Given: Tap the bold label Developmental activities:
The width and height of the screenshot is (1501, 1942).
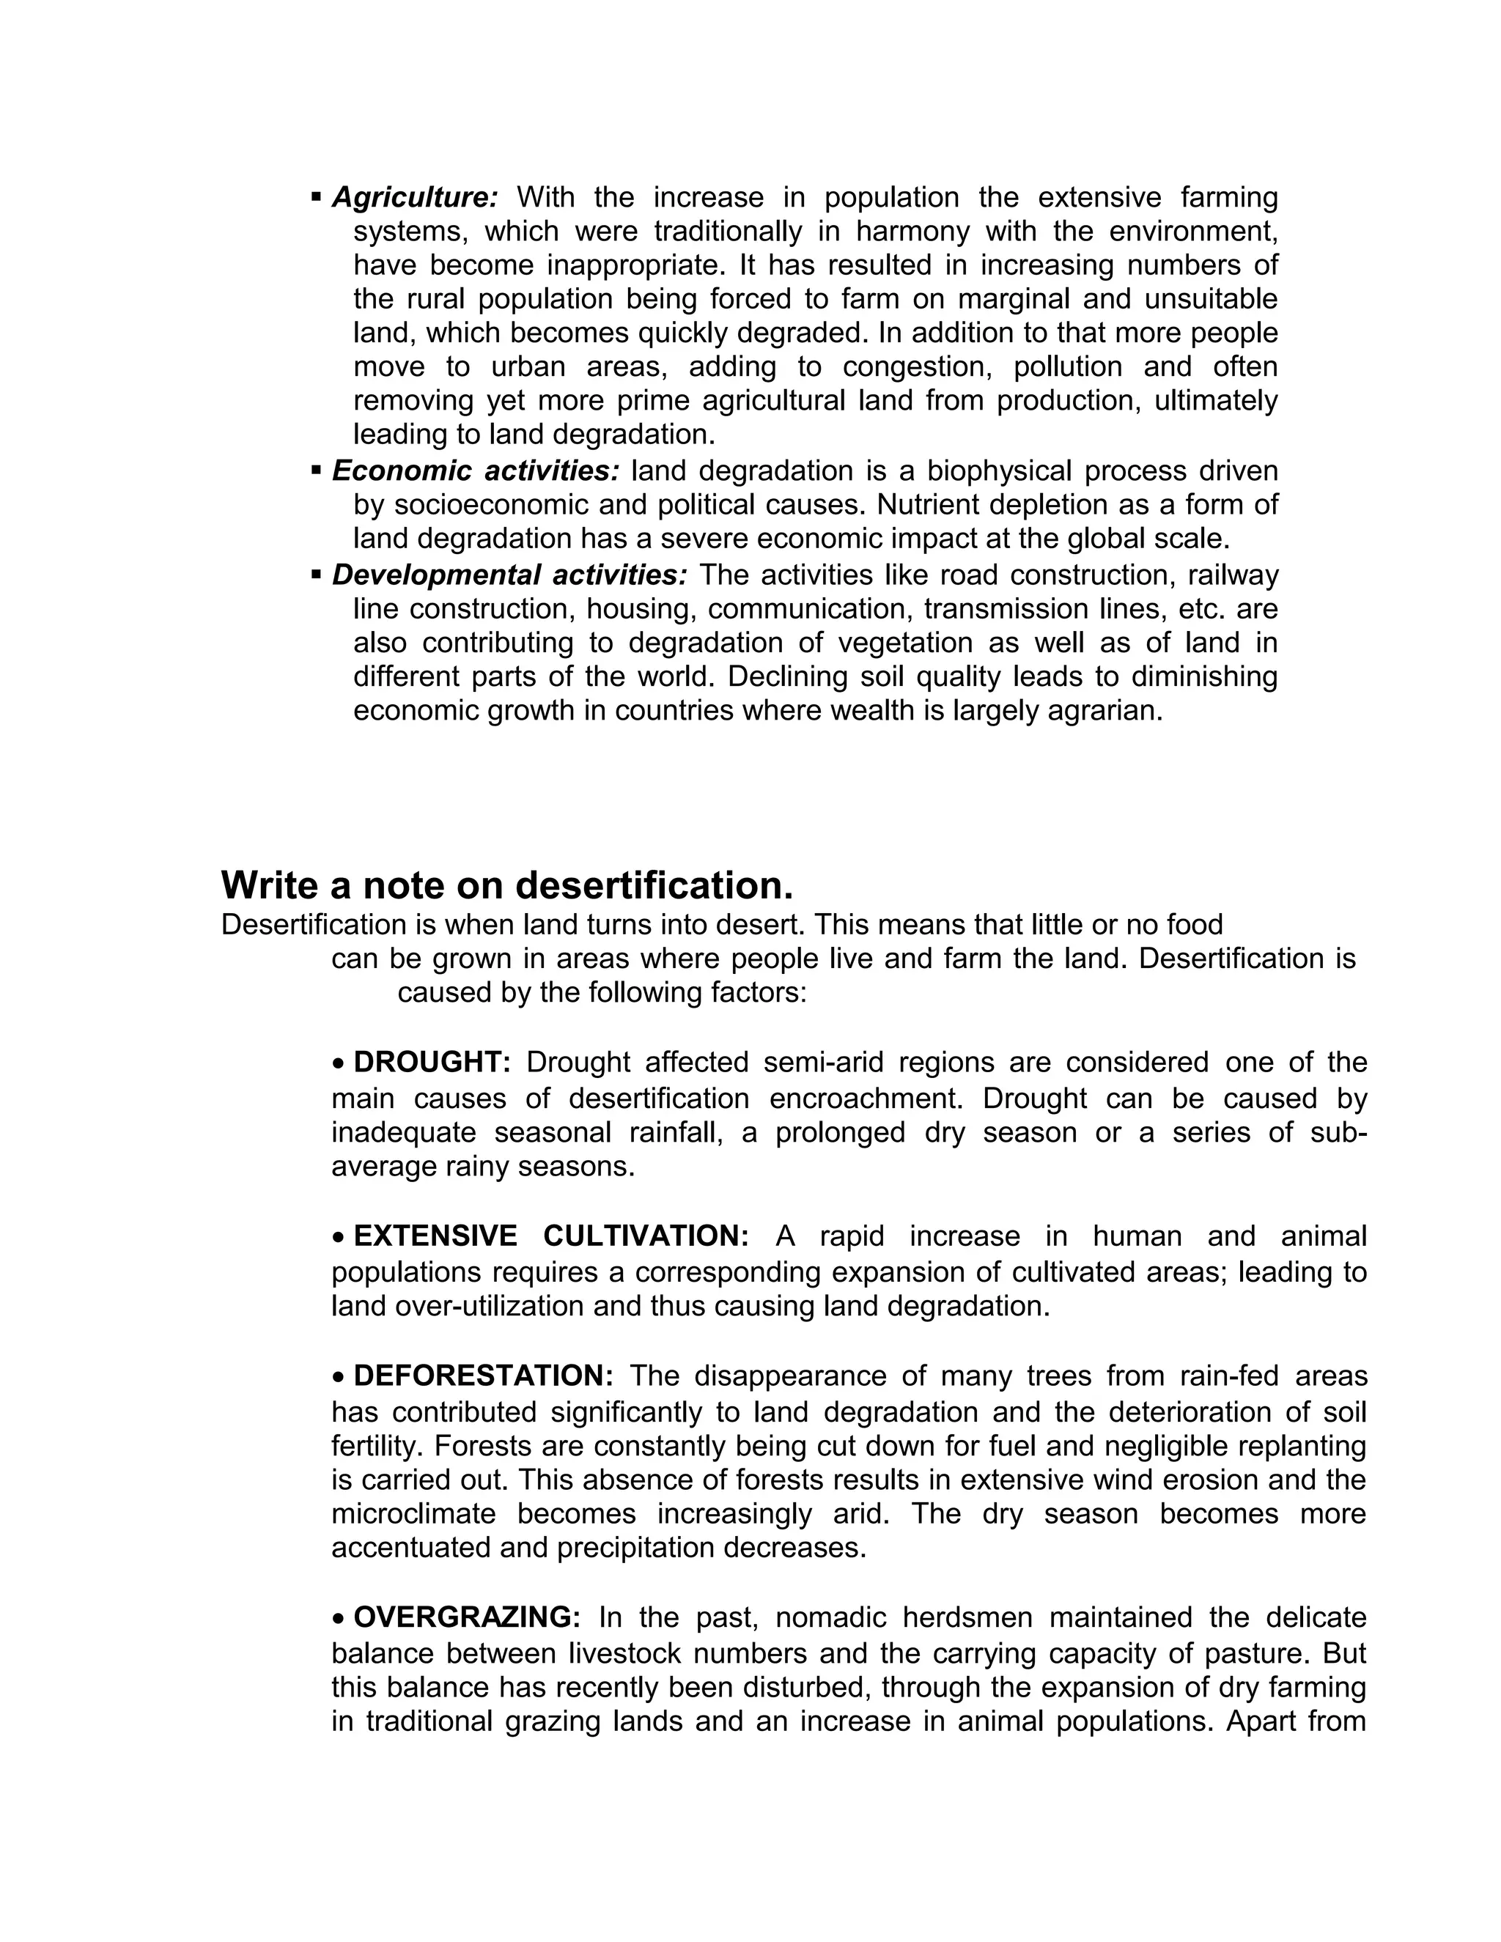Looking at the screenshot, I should [509, 575].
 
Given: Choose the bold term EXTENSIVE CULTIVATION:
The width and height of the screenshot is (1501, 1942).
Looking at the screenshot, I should [551, 1236].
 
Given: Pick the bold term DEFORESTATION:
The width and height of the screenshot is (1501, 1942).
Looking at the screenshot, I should [484, 1376].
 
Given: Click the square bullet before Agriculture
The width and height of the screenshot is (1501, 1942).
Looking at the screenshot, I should [316, 196].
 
